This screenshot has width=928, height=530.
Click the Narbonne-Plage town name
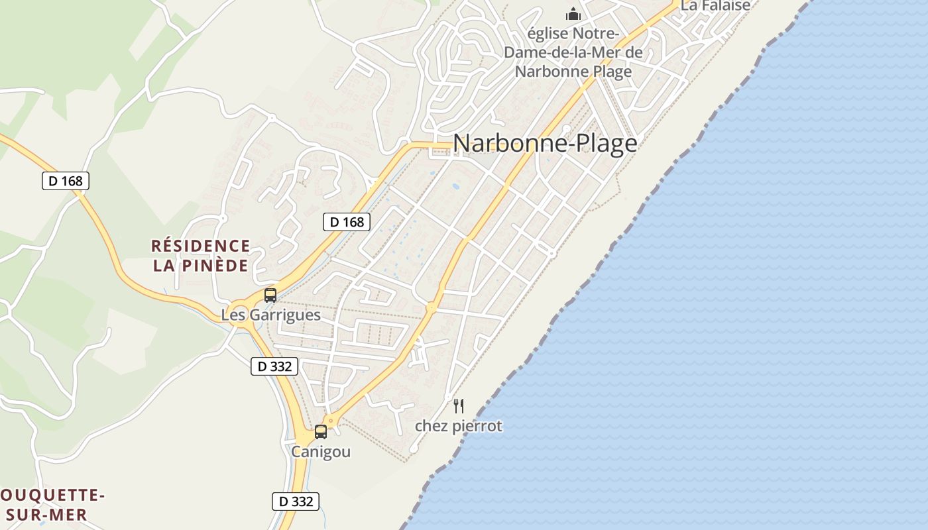545,143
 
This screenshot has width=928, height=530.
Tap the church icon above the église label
573,13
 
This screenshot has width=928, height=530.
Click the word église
549,33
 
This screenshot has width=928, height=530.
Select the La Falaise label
716,6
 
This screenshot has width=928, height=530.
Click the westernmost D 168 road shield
66,181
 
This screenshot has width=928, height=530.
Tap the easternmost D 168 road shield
347,222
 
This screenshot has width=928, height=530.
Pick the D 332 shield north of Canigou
275,366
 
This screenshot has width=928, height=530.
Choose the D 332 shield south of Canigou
296,502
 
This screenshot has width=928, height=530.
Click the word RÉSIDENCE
201,246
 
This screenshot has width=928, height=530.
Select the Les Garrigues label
270,315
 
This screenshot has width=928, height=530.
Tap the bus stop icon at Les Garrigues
270,295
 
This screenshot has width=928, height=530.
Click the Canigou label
321,452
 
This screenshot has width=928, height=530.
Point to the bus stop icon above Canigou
321,432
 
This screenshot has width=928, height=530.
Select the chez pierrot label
459,426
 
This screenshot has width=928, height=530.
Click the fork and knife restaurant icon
459,406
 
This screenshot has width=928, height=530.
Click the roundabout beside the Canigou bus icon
331,421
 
